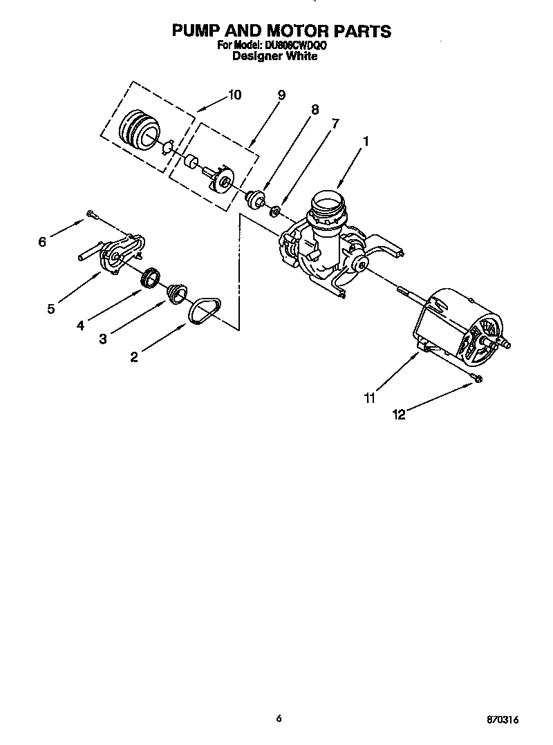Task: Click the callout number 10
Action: (x=234, y=95)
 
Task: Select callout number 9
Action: (x=281, y=95)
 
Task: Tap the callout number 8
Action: (x=315, y=109)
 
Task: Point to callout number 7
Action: (x=336, y=124)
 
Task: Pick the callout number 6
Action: (x=42, y=242)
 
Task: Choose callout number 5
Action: (x=51, y=309)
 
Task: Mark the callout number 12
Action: (x=398, y=415)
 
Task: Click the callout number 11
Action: (x=370, y=397)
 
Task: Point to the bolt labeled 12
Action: (x=477, y=377)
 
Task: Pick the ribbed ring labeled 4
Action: (x=150, y=279)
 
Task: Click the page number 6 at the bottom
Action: (x=279, y=719)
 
